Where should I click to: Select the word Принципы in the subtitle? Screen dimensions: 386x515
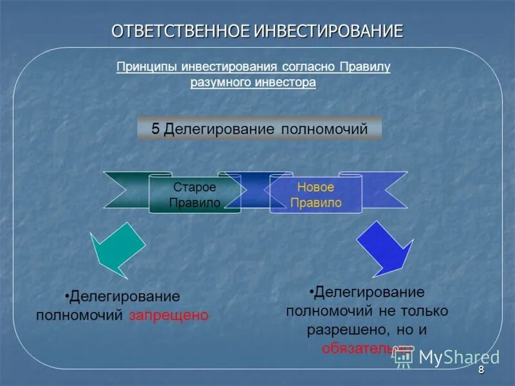click(x=146, y=67)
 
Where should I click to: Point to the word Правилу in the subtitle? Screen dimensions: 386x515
click(x=365, y=67)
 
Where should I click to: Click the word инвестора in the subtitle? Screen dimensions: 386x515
click(x=286, y=82)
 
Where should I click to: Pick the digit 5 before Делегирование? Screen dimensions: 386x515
click(x=155, y=129)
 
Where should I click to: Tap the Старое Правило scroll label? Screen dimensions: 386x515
click(x=194, y=194)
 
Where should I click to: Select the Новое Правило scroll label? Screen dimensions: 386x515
click(x=315, y=194)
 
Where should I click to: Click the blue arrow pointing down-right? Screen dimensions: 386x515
click(x=385, y=248)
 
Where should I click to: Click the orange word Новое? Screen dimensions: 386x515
click(x=315, y=187)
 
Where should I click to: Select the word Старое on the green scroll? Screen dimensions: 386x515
click(x=194, y=187)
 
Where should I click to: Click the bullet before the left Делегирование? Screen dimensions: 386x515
click(x=67, y=297)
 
